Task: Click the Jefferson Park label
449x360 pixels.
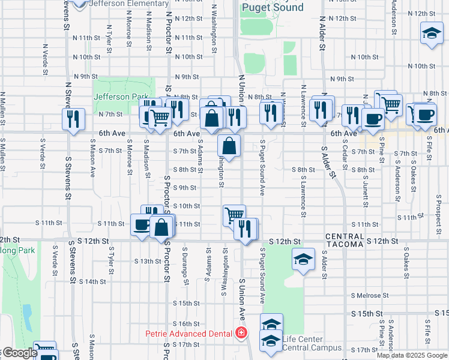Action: [x=119, y=97]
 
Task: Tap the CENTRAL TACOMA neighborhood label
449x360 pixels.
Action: [x=345, y=240]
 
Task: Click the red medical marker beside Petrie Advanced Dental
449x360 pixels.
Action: [x=241, y=332]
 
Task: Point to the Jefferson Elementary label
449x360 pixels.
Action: [x=128, y=4]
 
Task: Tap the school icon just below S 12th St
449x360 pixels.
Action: [x=303, y=259]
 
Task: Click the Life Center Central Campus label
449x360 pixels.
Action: [x=312, y=343]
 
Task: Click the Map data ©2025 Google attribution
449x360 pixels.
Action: [x=412, y=355]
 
